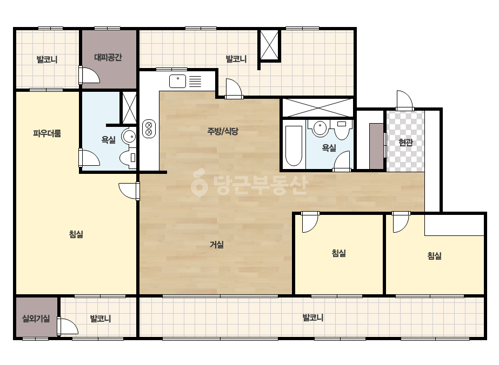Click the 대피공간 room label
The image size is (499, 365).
(x=108, y=58)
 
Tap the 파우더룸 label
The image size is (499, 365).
(x=47, y=133)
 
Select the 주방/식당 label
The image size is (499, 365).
(x=223, y=131)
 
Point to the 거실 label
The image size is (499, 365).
(x=216, y=245)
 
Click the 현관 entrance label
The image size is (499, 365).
(x=405, y=143)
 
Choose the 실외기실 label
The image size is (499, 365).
(x=36, y=318)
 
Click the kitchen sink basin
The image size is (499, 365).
(x=177, y=81)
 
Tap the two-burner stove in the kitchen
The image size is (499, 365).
(x=149, y=129)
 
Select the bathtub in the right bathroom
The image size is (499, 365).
(x=293, y=146)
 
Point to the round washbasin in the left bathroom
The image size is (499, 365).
(x=129, y=137)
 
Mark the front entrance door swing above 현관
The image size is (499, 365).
(x=404, y=100)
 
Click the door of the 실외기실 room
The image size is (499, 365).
(x=68, y=326)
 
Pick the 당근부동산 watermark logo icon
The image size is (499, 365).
(x=199, y=183)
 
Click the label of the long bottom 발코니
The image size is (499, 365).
(x=313, y=317)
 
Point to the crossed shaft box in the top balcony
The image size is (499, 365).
(x=269, y=45)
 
